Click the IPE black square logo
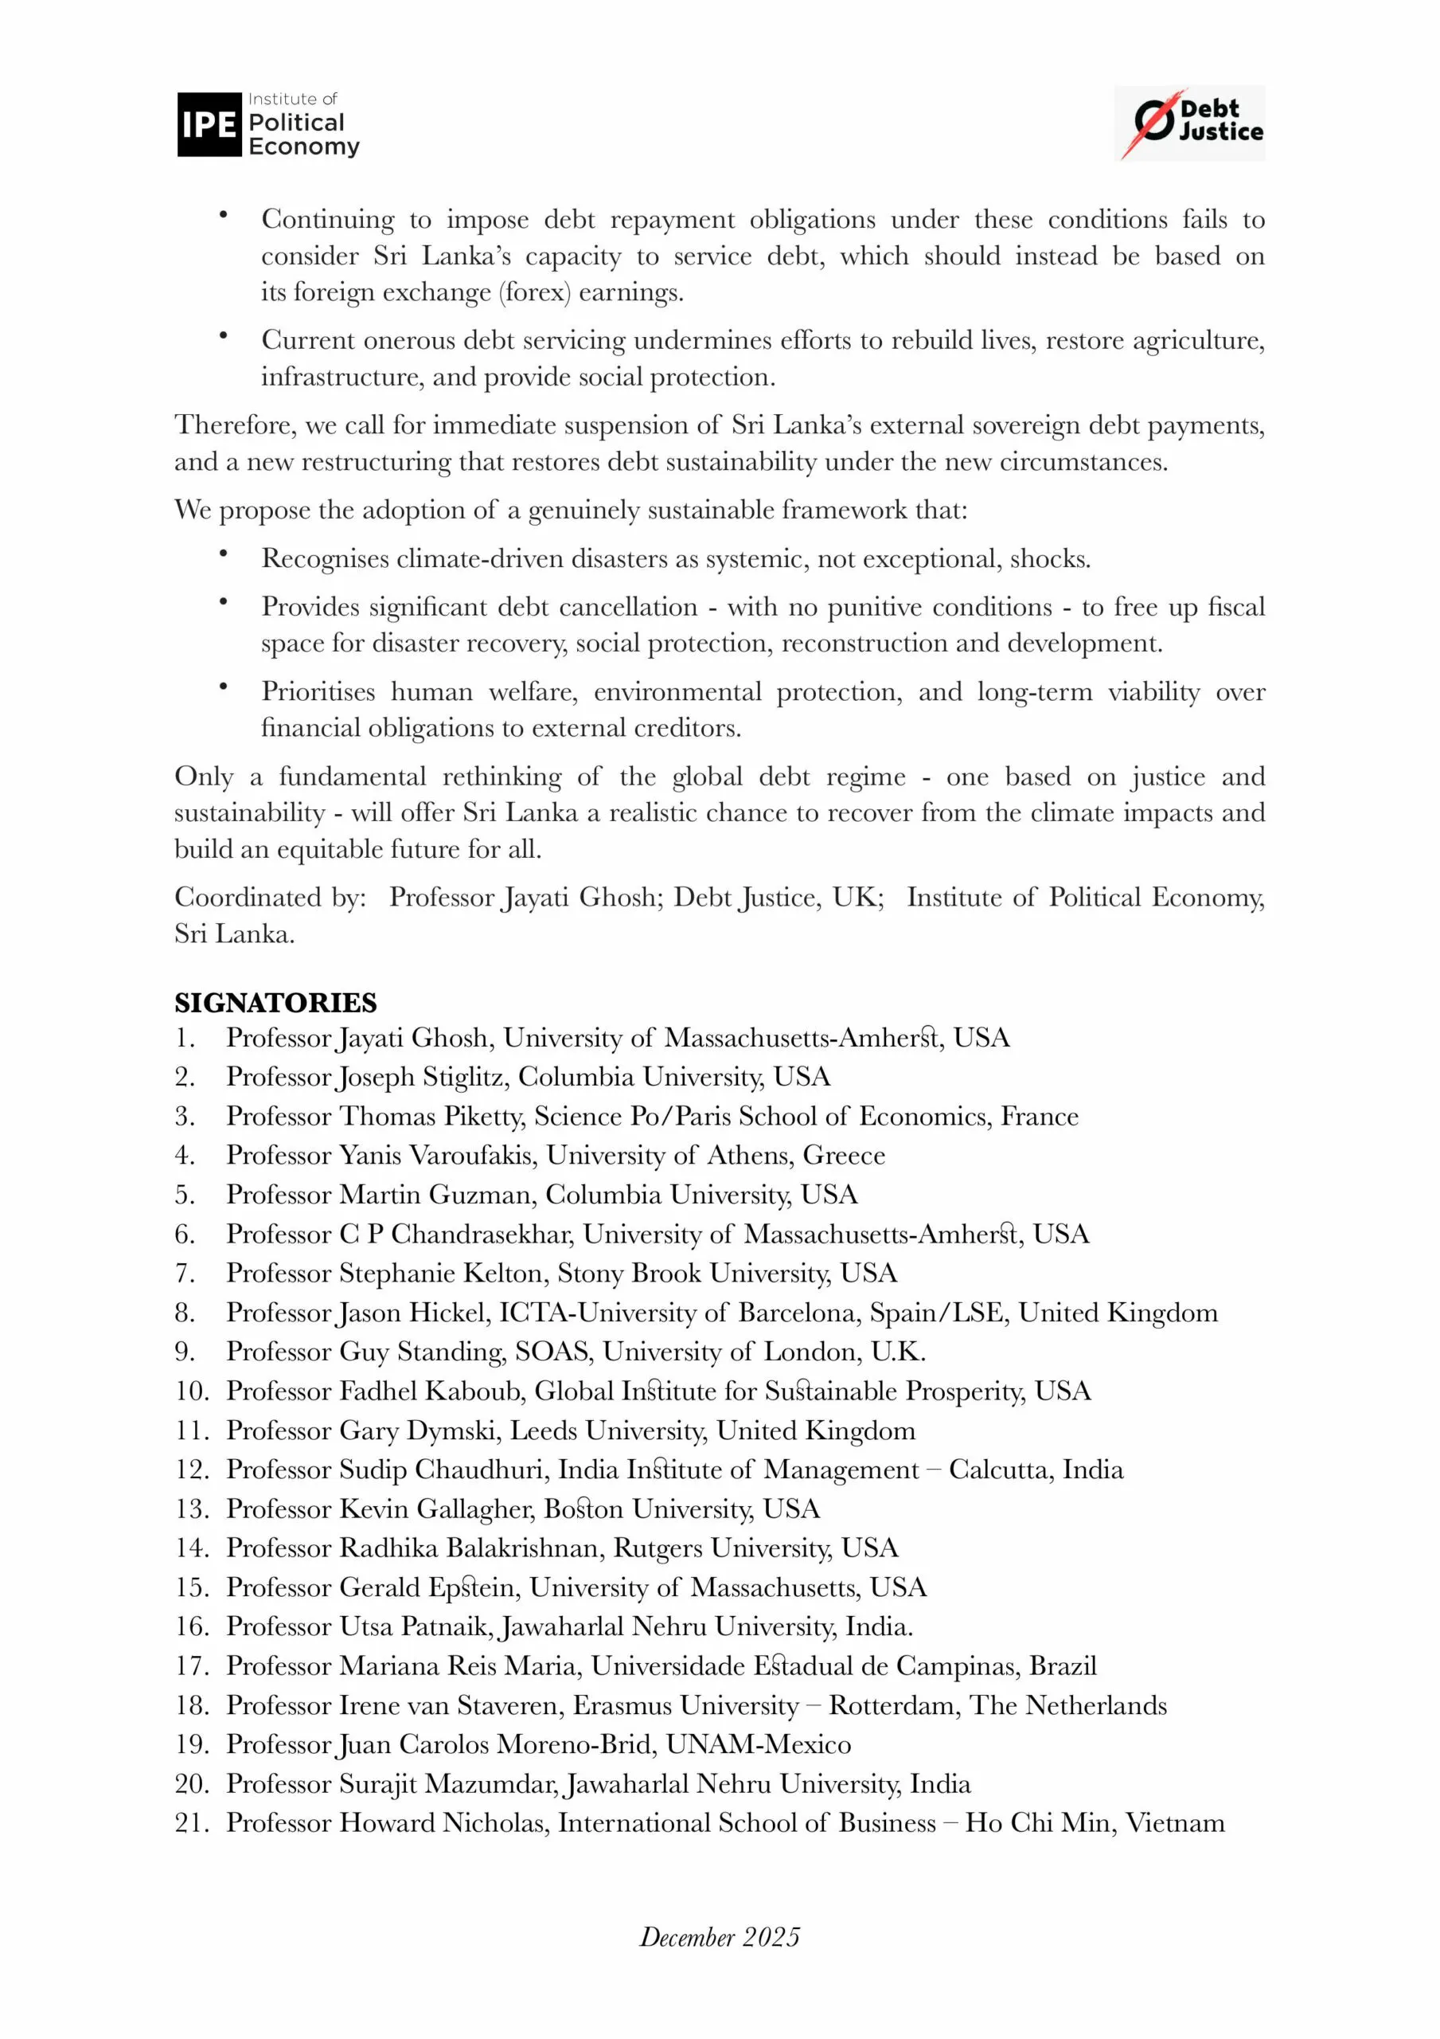[209, 124]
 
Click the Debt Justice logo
[1188, 123]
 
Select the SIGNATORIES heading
[275, 1003]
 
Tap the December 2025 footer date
[719, 1937]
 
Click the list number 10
[191, 1391]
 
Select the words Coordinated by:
[270, 897]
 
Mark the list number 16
[191, 1626]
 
